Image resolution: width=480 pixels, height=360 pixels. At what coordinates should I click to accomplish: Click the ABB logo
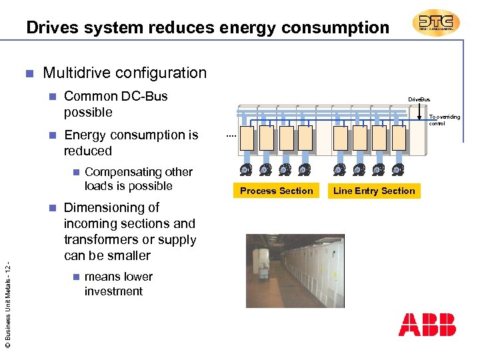pyautogui.click(x=427, y=325)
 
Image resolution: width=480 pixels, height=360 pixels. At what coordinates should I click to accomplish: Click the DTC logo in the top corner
pyautogui.click(x=436, y=23)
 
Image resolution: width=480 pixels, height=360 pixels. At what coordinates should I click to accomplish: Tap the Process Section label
pyautogui.click(x=276, y=191)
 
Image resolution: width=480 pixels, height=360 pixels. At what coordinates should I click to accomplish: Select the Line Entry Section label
pyautogui.click(x=374, y=191)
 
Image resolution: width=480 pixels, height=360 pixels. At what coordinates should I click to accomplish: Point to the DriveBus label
pyautogui.click(x=419, y=99)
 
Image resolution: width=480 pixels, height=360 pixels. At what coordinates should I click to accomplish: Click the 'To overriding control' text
pyautogui.click(x=444, y=120)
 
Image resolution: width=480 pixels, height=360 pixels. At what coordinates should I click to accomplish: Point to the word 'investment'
pyautogui.click(x=113, y=291)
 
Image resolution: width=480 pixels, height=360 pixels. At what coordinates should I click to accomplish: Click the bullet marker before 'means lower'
pyautogui.click(x=76, y=277)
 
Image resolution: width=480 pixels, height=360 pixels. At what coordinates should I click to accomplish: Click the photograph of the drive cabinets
pyautogui.click(x=295, y=271)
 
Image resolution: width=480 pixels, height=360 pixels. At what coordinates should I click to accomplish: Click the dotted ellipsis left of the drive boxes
pyautogui.click(x=231, y=136)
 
